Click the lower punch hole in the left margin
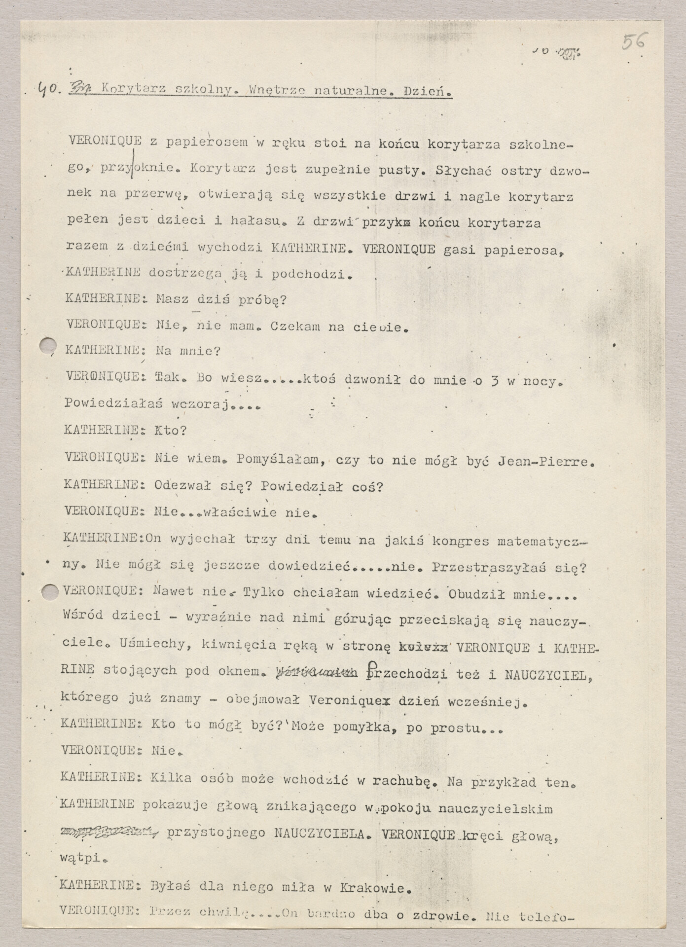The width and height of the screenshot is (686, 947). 50,592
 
